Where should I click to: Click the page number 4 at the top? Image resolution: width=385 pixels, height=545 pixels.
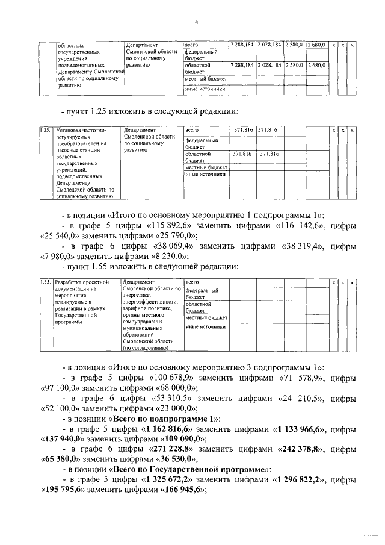(x=196, y=23)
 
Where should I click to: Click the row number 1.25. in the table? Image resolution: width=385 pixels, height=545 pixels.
(x=44, y=129)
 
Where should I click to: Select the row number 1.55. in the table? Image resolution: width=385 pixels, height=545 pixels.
(x=44, y=282)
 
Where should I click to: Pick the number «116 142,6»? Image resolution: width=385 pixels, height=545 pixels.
(x=307, y=225)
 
